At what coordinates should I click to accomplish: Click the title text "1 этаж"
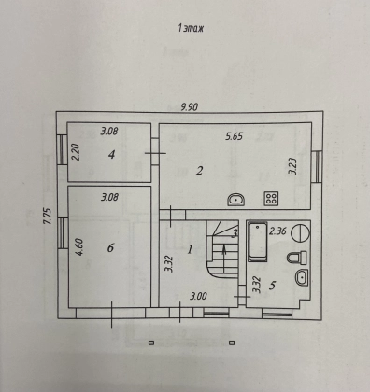tap(191, 29)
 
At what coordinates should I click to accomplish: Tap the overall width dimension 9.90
tap(190, 107)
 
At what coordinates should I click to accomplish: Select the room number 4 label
tap(111, 154)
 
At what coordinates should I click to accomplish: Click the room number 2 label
tap(199, 171)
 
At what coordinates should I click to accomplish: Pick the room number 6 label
tap(110, 248)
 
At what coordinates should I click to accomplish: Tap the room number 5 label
tap(272, 285)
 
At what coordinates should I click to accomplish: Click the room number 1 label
tap(190, 249)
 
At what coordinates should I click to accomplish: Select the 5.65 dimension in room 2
tap(234, 136)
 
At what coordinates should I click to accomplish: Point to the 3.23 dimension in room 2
tap(293, 166)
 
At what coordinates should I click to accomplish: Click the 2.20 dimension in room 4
tap(77, 152)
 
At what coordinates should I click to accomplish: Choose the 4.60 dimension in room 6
tap(79, 246)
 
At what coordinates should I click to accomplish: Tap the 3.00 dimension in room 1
tap(198, 296)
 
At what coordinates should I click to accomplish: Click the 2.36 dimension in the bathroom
tap(277, 231)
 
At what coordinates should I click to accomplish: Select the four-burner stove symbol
tap(271, 198)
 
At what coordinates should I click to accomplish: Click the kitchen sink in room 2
tap(236, 200)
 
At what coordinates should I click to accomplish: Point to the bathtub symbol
tap(258, 242)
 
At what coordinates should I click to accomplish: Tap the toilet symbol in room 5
tap(297, 258)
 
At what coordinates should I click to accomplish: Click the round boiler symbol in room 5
tap(301, 231)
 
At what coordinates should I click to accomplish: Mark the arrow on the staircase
tap(224, 259)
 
